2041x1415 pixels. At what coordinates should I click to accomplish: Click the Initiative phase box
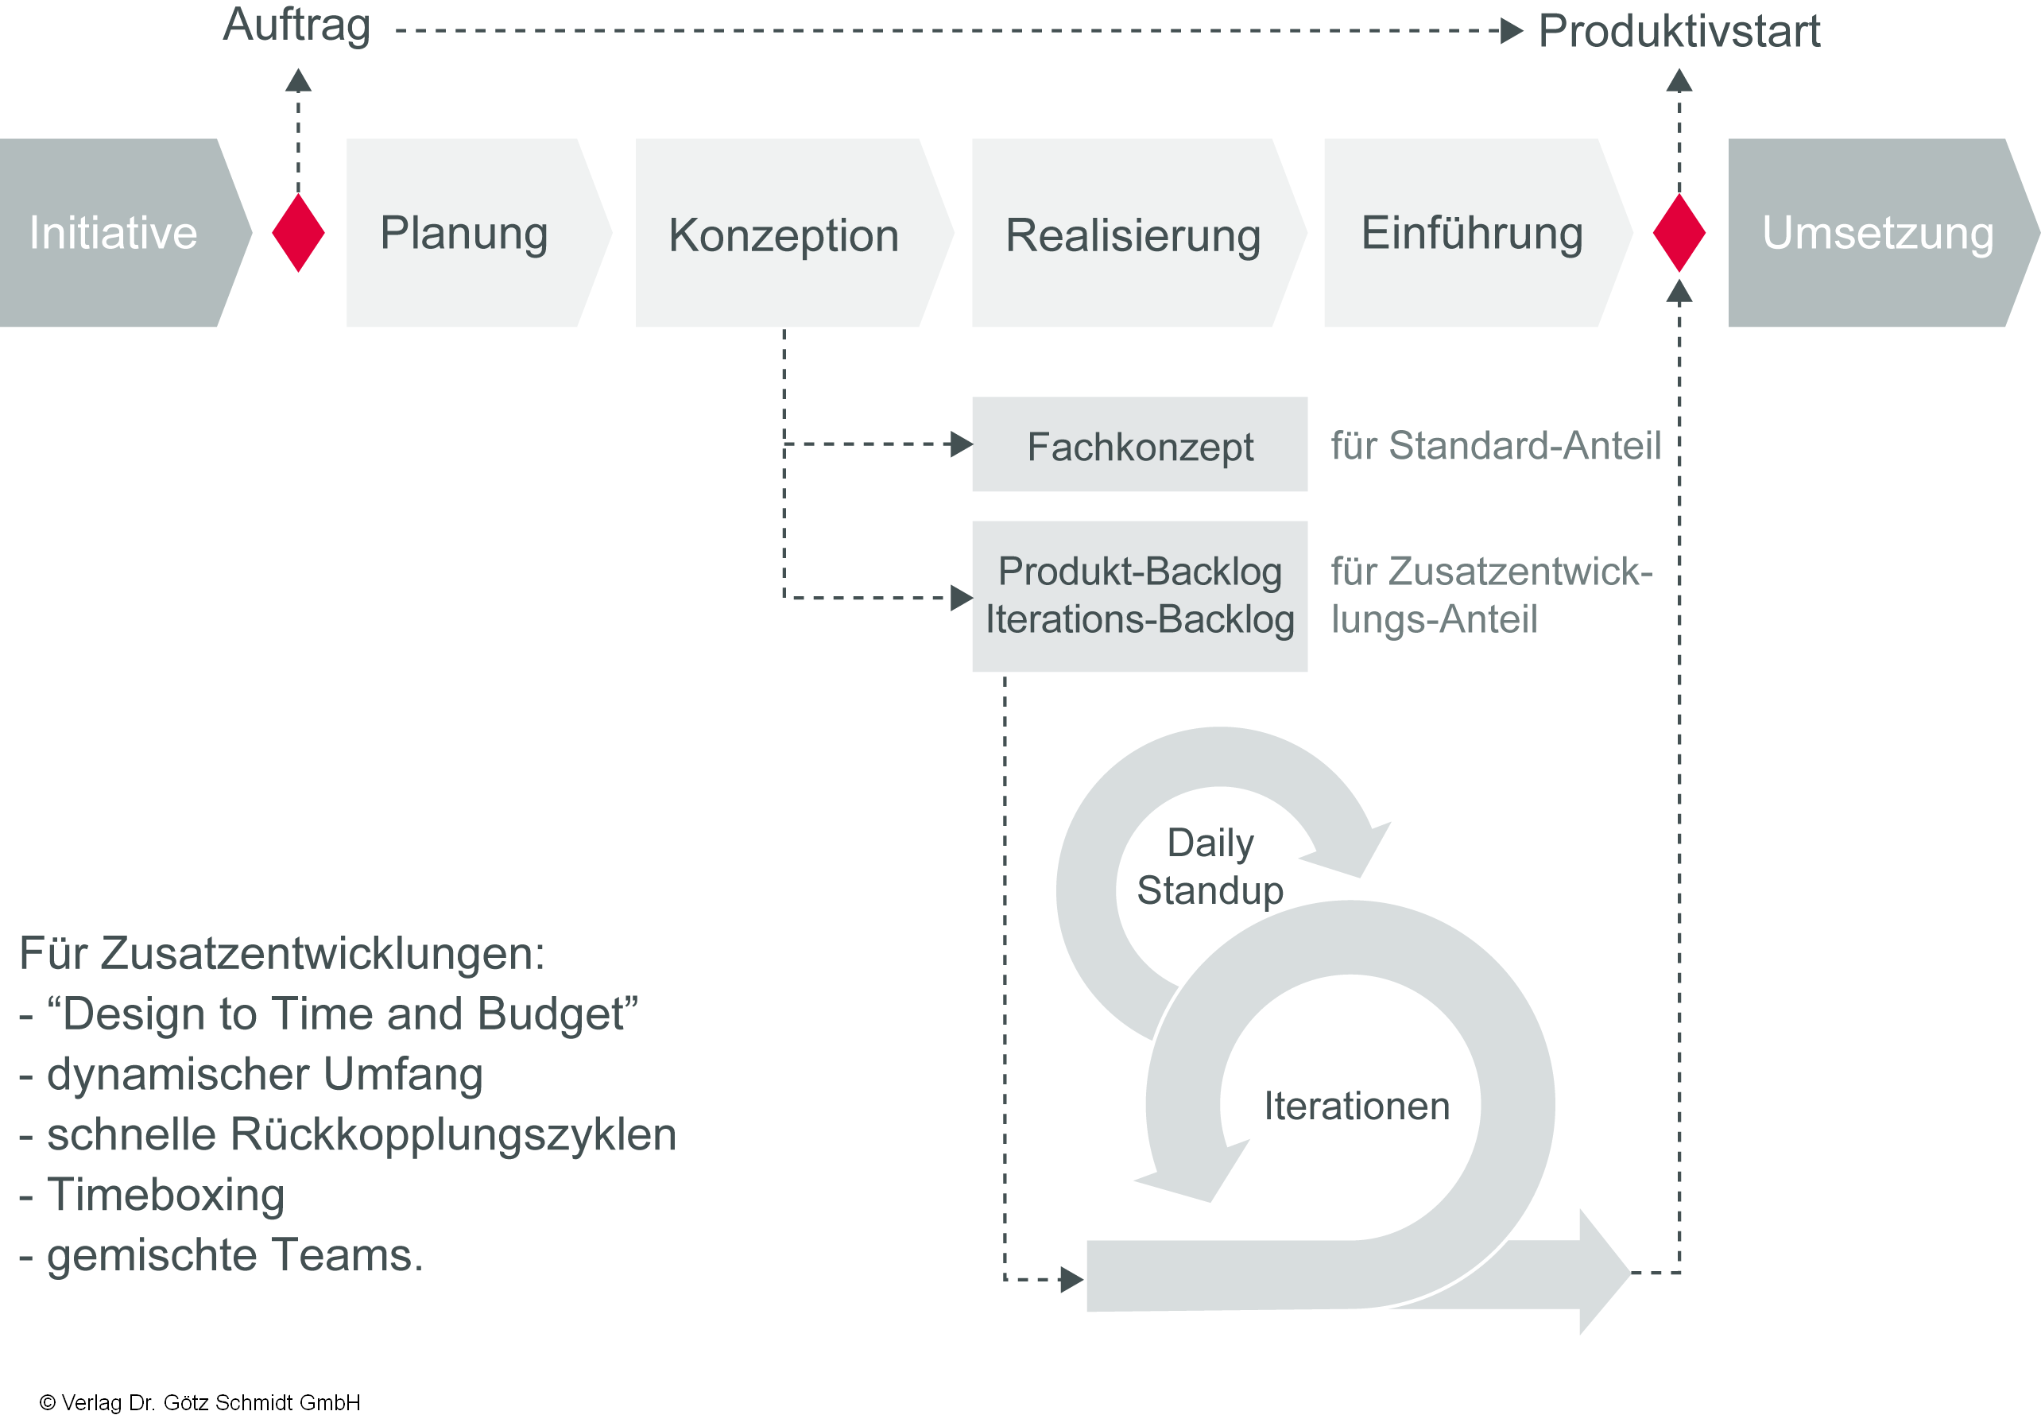114,232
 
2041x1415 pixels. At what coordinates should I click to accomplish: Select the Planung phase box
464,232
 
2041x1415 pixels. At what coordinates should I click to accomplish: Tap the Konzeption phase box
784,234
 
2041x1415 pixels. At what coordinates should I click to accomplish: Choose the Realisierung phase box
1133,234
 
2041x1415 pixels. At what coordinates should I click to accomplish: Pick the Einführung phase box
1471,232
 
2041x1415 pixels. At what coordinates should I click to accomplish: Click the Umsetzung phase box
1877,232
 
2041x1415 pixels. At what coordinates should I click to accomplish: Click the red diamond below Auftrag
299,232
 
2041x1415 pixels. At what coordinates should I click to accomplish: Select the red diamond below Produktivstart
1679,232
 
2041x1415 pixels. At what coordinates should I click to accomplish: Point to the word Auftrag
297,25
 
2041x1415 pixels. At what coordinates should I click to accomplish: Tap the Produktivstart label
1679,31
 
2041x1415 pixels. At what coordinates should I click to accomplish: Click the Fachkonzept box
1140,445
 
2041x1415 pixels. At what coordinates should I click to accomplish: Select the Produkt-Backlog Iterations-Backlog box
1140,595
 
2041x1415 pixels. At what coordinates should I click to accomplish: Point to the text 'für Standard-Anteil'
1496,445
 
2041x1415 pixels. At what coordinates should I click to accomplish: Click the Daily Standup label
1210,866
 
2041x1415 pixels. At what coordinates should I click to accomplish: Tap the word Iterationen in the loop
1356,1107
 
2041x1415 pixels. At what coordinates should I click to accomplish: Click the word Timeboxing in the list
166,1195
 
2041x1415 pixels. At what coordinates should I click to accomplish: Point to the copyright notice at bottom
200,1401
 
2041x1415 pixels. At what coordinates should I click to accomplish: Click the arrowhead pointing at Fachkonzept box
961,444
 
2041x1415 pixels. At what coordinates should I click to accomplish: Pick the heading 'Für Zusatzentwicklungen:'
282,954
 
